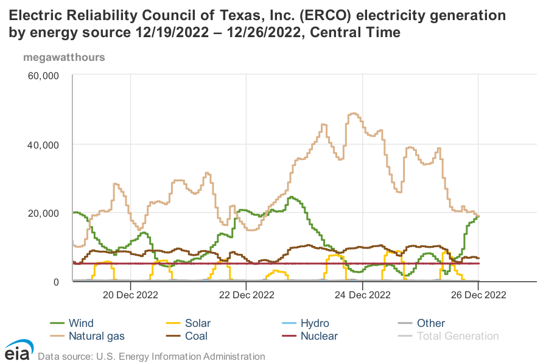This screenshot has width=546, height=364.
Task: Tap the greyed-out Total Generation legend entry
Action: pyautogui.click(x=457, y=335)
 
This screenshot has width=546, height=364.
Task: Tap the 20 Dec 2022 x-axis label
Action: pyautogui.click(x=130, y=295)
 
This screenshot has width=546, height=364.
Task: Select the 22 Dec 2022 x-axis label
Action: pyautogui.click(x=246, y=295)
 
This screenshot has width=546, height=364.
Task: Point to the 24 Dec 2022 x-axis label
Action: pyautogui.click(x=362, y=295)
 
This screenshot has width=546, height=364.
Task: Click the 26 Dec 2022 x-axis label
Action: pyautogui.click(x=478, y=295)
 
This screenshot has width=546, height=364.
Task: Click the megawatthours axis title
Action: pyautogui.click(x=64, y=58)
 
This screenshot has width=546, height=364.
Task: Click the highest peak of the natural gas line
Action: pyautogui.click(x=353, y=113)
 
